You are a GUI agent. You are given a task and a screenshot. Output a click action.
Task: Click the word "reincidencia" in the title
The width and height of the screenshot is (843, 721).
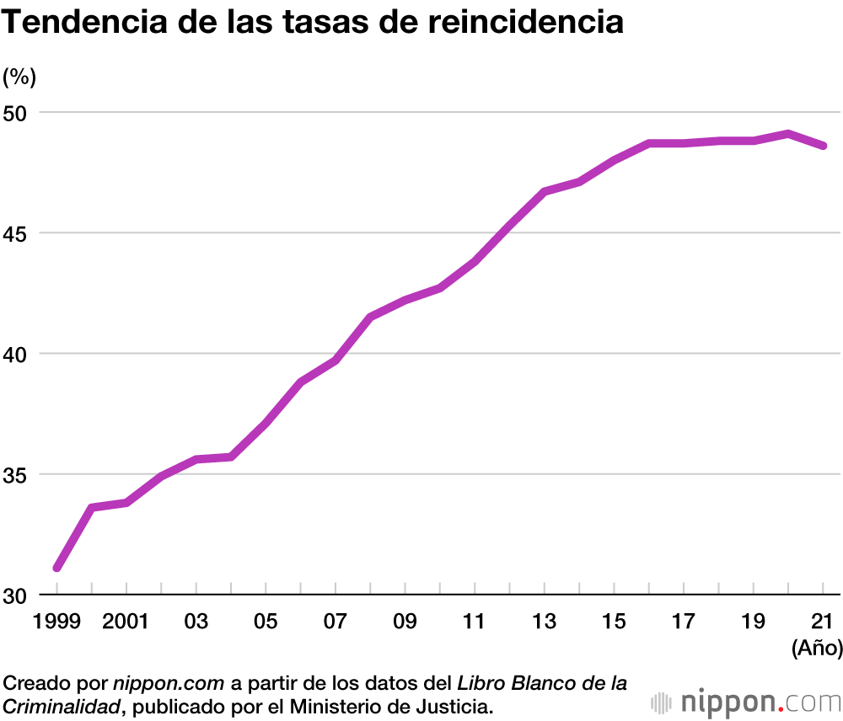point(524,22)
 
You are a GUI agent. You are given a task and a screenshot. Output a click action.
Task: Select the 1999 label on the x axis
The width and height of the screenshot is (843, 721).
point(56,622)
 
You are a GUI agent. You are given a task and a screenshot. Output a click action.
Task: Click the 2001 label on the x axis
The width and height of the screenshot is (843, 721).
point(126,622)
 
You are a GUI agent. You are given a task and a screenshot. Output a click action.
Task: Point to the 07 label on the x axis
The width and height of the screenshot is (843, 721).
point(336,622)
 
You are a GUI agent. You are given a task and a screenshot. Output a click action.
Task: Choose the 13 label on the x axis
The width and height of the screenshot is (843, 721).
point(545,622)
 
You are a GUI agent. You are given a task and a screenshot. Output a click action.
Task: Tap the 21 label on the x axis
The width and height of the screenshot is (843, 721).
point(823,622)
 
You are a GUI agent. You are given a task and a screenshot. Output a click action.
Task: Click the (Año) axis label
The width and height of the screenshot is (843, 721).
point(817,648)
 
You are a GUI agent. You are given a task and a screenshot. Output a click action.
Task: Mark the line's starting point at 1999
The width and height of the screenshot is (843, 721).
point(56,569)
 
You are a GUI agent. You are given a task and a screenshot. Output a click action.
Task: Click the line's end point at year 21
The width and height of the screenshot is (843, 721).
point(824,146)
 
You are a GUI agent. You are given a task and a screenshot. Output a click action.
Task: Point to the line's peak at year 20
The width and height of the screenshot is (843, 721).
point(788,133)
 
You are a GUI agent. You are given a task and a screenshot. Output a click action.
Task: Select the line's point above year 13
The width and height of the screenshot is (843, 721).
point(545,192)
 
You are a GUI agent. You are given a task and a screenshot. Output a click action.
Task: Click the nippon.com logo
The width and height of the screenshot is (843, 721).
point(746,701)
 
